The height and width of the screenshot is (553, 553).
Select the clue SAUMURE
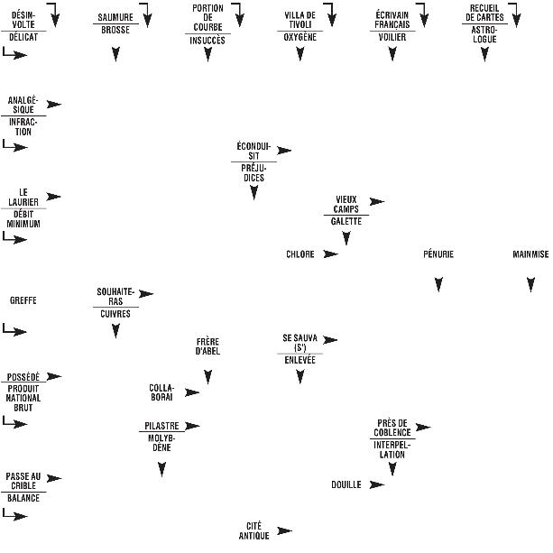click(115, 16)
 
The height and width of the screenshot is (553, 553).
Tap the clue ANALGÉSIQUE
click(23, 105)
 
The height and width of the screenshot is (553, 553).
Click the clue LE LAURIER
click(23, 197)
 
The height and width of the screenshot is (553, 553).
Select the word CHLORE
click(300, 254)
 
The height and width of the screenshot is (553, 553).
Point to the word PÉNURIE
click(438, 254)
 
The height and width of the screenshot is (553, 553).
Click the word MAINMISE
click(530, 254)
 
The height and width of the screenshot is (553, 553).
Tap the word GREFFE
click(23, 300)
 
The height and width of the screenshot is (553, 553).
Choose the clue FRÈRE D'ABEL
click(207, 346)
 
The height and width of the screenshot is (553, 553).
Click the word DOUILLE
click(346, 484)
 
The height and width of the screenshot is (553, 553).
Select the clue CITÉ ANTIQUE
click(254, 530)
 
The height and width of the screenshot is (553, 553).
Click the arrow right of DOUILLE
click(376, 484)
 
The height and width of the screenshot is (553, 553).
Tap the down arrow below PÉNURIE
click(438, 285)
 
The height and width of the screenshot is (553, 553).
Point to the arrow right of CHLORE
click(330, 254)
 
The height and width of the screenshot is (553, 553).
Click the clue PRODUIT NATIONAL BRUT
click(23, 398)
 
